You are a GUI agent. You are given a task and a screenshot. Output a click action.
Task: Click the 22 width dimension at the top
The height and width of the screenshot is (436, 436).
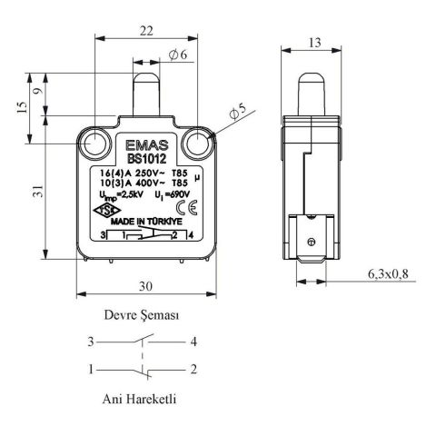click(x=144, y=31)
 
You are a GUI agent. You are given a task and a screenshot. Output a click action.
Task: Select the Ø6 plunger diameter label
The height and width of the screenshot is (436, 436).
click(x=177, y=56)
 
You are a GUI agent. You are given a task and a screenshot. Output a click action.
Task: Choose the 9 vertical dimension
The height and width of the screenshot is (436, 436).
click(x=36, y=91)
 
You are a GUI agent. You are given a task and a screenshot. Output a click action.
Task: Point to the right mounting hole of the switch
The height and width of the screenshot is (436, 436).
click(x=195, y=143)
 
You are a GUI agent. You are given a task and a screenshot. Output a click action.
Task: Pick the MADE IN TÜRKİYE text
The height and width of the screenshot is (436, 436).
click(x=148, y=221)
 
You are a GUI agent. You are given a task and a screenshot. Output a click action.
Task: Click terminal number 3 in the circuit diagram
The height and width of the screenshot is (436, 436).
click(x=91, y=342)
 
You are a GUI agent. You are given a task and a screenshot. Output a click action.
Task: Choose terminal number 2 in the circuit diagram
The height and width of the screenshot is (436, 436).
click(x=194, y=369)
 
